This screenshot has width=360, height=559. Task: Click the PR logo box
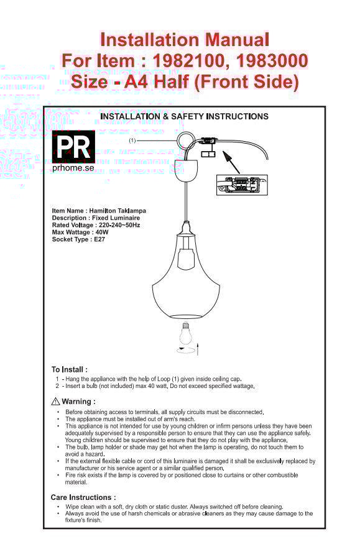(73, 147)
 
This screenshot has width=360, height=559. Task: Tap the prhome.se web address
(73, 167)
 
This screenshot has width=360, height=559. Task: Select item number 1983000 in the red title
(272, 60)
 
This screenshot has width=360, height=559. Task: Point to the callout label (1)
(132, 141)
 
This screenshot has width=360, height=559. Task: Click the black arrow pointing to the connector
(231, 162)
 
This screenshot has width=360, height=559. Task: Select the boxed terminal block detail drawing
(242, 185)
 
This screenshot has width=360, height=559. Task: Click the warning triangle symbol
(55, 402)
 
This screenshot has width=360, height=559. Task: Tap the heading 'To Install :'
(70, 369)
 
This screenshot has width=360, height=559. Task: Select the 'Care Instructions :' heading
(83, 497)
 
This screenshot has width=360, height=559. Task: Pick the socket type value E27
(99, 239)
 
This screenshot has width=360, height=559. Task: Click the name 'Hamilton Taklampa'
(118, 211)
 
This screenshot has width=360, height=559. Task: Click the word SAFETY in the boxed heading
(188, 116)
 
